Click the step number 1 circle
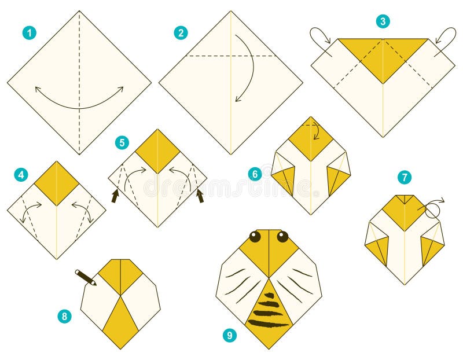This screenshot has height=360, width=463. pos(29,33)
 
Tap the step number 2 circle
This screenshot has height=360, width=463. pos(181,33)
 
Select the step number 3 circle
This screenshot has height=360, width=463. pos(383,21)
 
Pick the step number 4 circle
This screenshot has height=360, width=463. pos(21,174)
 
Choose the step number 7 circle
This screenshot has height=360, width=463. pos(404,177)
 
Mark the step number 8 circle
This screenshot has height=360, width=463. pos(65,316)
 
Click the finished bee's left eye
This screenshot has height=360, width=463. pos(255,236)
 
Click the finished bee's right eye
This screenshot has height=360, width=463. pos(282,236)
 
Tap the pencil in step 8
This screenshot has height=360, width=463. pos(86,278)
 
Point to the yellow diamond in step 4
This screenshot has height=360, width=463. pos(57,183)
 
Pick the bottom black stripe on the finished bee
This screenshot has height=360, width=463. pos(268,324)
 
